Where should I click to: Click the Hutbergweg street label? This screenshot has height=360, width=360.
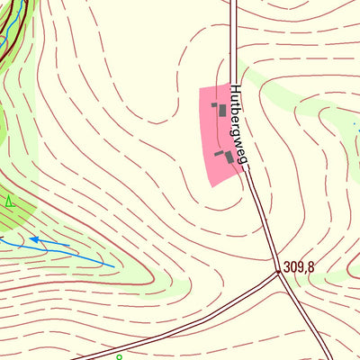pyautogui.click(x=238, y=125)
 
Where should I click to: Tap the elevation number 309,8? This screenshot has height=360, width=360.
pyautogui.click(x=299, y=267)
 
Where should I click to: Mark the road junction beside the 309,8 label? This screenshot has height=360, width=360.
pyautogui.click(x=278, y=271)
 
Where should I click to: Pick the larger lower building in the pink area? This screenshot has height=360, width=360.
pyautogui.click(x=229, y=157)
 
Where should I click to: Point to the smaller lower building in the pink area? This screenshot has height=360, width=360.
pyautogui.click(x=219, y=154)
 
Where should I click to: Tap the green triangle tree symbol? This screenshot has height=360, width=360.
pyautogui.click(x=9, y=201)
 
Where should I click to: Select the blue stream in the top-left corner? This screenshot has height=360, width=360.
pyautogui.click(x=7, y=36)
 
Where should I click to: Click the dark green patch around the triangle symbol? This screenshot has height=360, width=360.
pyautogui.click(x=18, y=211)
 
